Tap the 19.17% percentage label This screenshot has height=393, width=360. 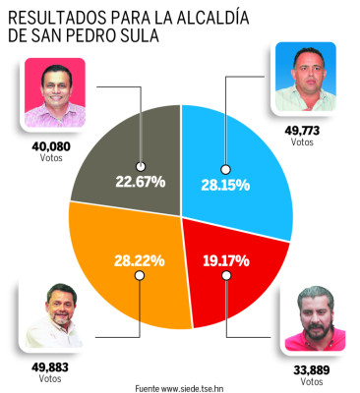[226, 261]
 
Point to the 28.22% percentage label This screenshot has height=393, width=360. [137, 262]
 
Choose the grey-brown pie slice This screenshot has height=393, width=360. [118, 147]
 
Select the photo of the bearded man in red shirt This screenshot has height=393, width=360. [314, 319]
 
